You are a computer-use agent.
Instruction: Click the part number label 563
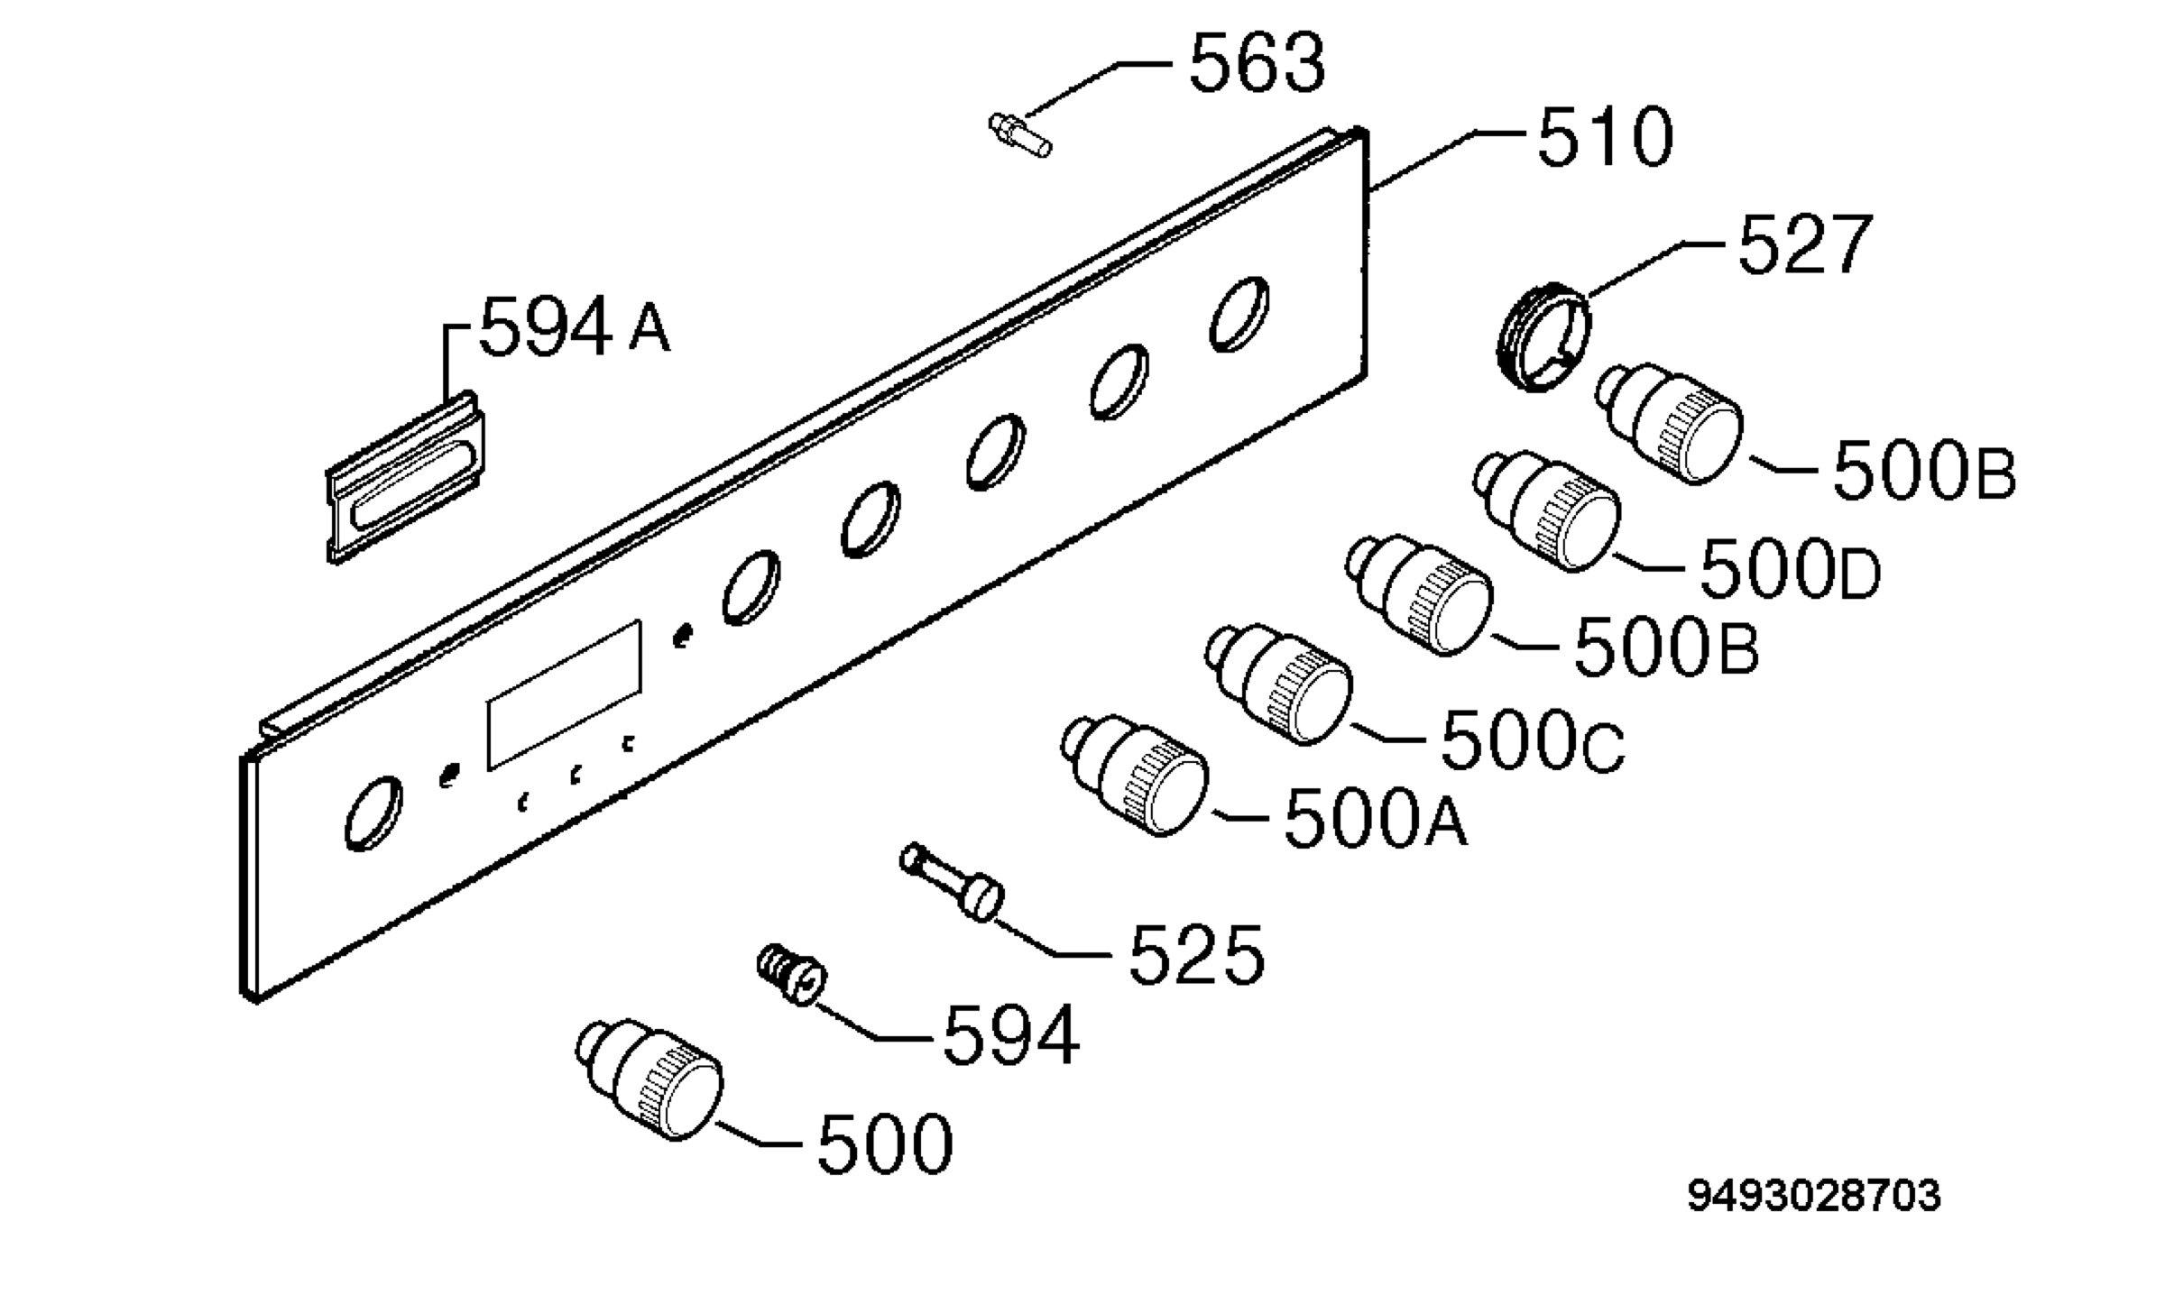(1258, 63)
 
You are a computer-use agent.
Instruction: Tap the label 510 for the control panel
(1605, 137)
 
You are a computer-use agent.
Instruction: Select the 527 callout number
(1805, 244)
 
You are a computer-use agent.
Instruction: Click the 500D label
(1791, 570)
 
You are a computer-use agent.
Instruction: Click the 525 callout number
(1196, 953)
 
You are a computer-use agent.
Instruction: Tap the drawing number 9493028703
(1814, 1197)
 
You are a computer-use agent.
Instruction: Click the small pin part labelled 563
(1020, 135)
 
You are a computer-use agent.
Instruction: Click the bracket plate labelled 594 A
(406, 478)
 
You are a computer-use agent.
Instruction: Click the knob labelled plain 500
(649, 1079)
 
